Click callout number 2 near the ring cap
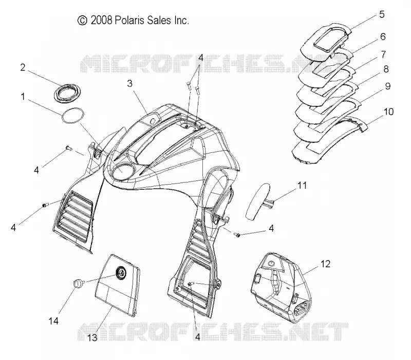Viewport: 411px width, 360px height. click(23, 67)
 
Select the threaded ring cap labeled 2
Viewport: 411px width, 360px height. click(68, 93)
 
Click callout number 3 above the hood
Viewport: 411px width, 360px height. click(130, 83)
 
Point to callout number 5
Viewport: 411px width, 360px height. click(382, 14)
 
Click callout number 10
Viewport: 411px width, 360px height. click(388, 112)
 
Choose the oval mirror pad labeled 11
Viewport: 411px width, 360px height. click(258, 201)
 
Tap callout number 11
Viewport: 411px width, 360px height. click(302, 185)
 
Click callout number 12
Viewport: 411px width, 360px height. click(325, 264)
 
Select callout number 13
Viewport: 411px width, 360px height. click(92, 337)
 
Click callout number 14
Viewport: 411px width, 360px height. click(53, 320)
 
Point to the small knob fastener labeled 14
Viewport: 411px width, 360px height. click(78, 284)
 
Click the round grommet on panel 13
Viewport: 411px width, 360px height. click(121, 274)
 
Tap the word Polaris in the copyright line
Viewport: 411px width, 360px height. click(130, 20)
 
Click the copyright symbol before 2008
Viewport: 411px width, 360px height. click(82, 21)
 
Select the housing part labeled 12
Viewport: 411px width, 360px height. click(281, 287)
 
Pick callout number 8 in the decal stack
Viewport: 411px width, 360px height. click(386, 69)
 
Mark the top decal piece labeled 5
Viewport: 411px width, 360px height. click(325, 40)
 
